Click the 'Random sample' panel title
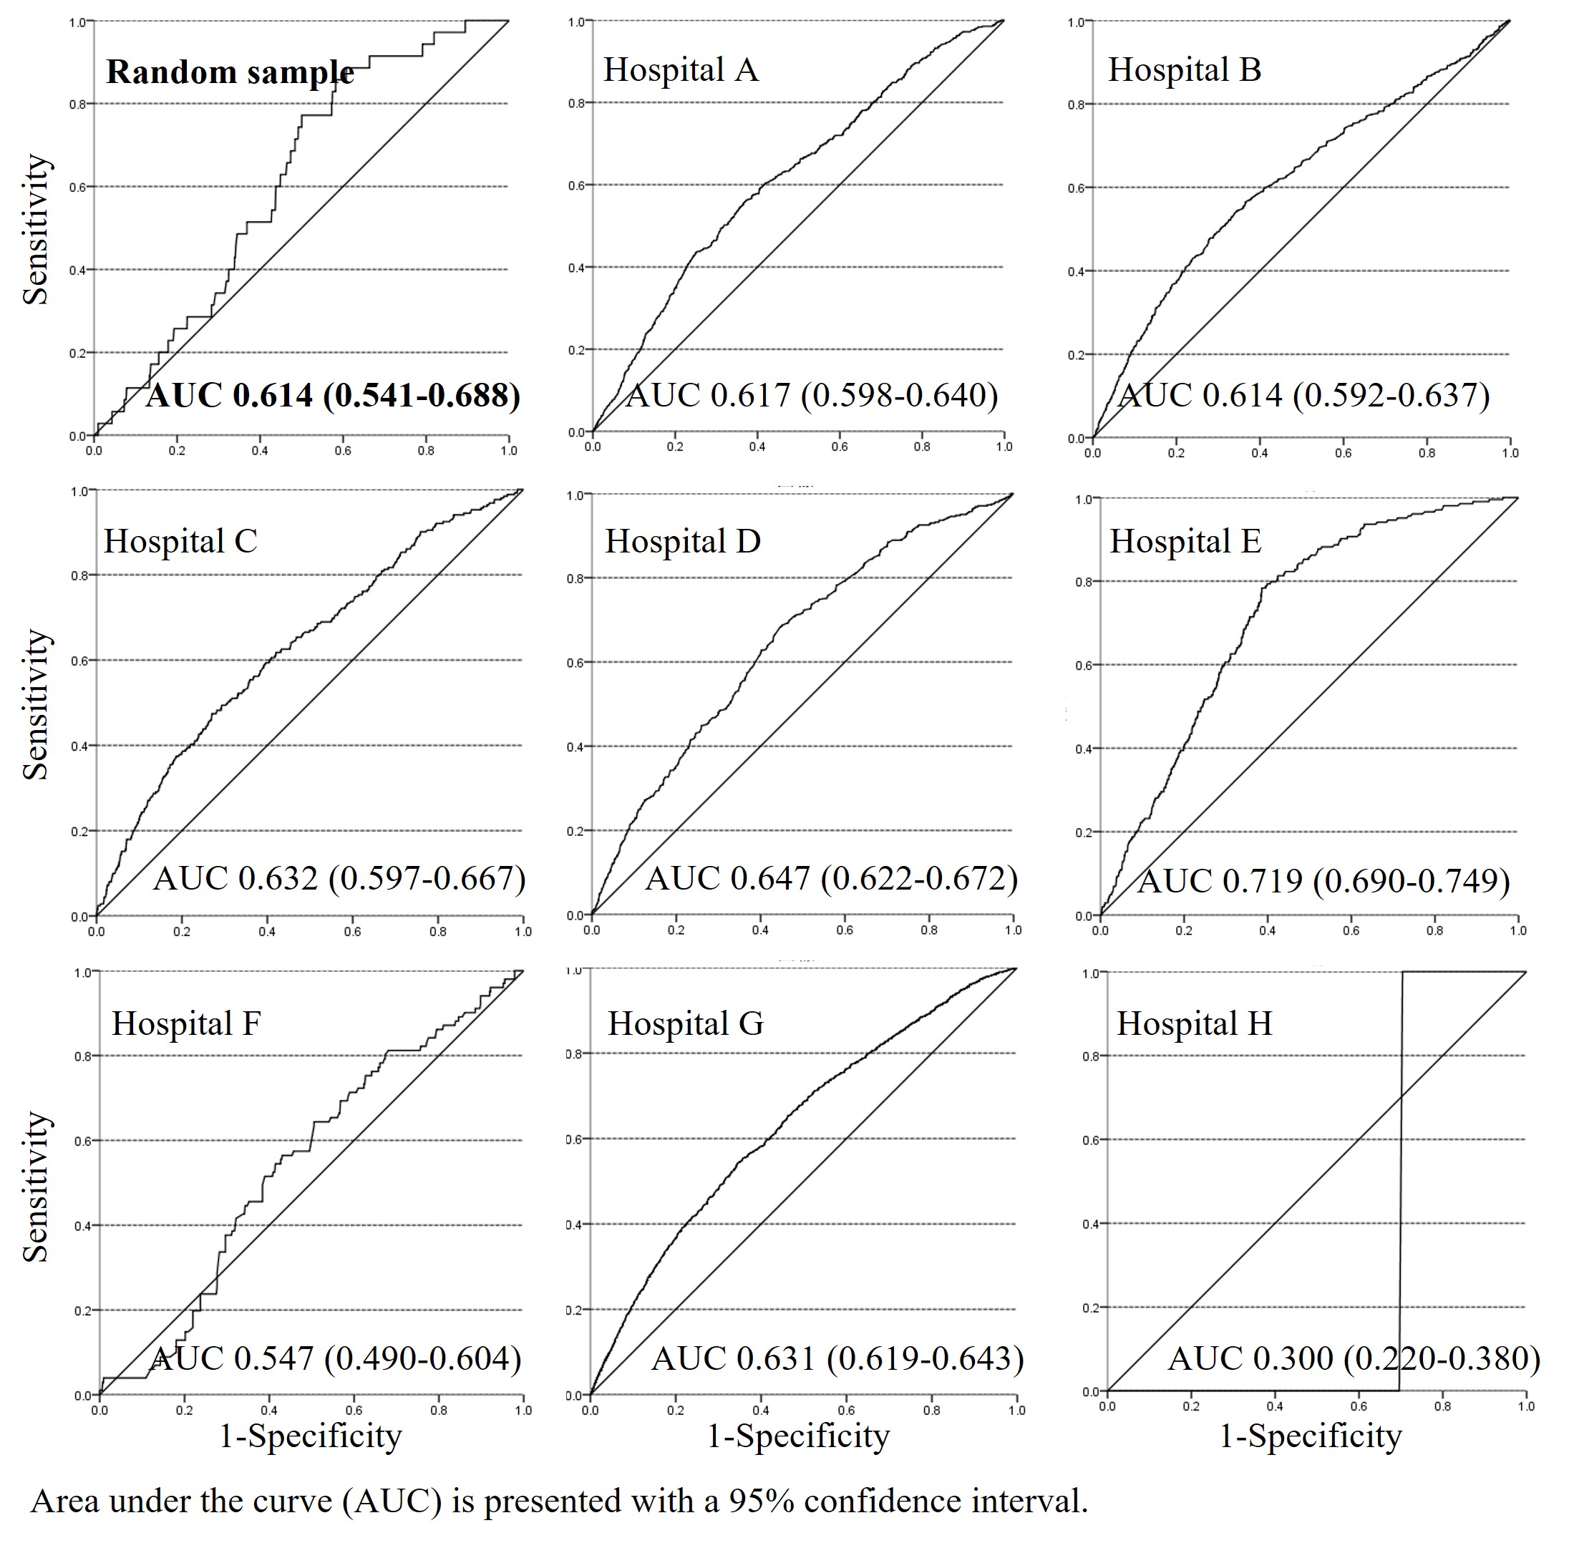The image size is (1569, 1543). (x=229, y=73)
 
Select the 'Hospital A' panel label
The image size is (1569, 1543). (x=681, y=71)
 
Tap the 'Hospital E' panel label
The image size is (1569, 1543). (x=1185, y=541)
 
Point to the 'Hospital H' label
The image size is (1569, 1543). (x=1194, y=1023)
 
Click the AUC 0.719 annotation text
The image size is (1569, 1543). (x=1323, y=882)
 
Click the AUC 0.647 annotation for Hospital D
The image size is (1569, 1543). (x=831, y=878)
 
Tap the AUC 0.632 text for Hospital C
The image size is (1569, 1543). (x=339, y=878)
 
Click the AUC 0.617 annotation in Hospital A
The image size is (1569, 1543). (x=812, y=396)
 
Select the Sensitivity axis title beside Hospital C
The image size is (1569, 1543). (x=37, y=705)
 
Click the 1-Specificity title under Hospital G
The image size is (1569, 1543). (x=798, y=1435)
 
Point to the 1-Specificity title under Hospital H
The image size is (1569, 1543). (x=1310, y=1435)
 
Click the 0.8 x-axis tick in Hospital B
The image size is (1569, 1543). (x=1427, y=453)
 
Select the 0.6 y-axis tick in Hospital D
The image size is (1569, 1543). (x=575, y=663)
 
